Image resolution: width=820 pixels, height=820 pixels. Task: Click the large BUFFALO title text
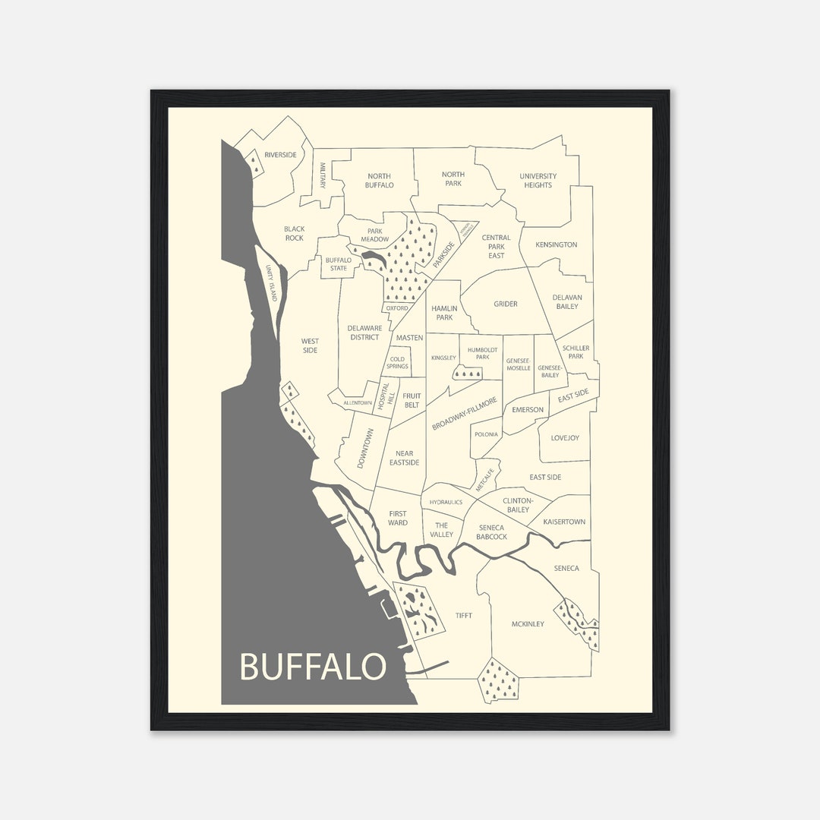(x=313, y=667)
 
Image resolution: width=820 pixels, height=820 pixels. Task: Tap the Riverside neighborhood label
(x=280, y=155)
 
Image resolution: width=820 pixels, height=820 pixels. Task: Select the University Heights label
(x=538, y=181)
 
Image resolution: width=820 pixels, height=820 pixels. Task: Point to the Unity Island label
(x=272, y=283)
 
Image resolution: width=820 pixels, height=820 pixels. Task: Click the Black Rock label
(x=294, y=233)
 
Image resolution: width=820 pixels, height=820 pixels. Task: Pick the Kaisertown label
(x=563, y=522)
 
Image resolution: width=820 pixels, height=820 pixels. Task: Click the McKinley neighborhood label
(x=528, y=624)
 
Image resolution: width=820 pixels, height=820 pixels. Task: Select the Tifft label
(x=463, y=616)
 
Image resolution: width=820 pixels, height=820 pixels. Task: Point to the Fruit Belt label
(x=412, y=400)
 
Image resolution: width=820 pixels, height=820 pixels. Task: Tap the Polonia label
(x=486, y=434)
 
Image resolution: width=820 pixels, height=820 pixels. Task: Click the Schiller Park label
(x=576, y=352)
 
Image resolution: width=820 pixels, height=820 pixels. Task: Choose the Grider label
(x=506, y=304)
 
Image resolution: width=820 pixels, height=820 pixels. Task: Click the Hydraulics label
(x=446, y=502)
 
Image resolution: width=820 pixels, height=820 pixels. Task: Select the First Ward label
(x=398, y=518)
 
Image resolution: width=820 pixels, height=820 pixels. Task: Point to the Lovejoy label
(x=565, y=438)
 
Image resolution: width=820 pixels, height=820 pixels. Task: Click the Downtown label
(x=364, y=448)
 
